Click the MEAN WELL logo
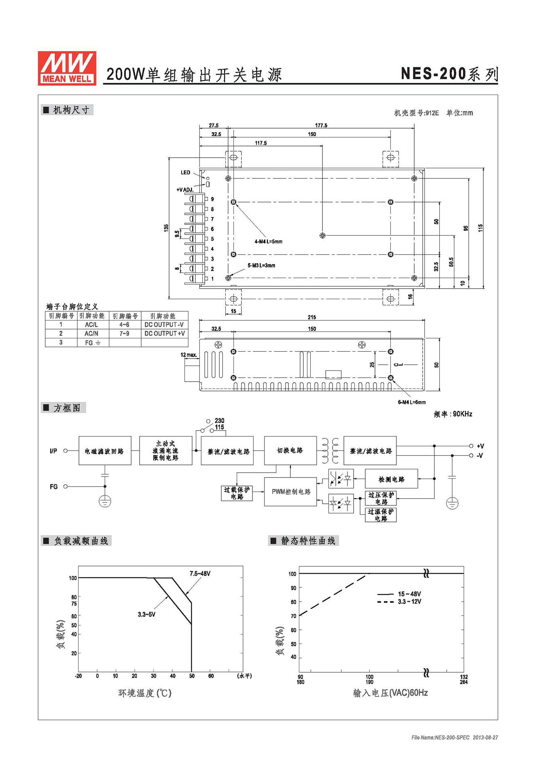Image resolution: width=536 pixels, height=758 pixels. tap(67, 68)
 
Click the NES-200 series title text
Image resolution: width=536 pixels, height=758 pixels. tap(449, 74)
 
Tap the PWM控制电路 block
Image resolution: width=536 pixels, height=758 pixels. tap(290, 492)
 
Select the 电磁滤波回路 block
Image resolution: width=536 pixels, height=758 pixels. tap(105, 451)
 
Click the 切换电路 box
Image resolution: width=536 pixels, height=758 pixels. tap(290, 450)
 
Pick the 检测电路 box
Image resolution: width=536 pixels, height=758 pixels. tap(391, 479)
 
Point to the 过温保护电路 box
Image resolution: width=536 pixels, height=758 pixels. tap(381, 515)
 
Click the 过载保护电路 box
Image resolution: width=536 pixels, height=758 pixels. tap(237, 493)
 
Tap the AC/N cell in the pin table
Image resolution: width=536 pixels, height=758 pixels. tap(91, 334)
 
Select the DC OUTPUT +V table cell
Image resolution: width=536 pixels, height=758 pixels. tap(164, 334)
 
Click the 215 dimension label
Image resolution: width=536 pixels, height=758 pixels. tap(311, 317)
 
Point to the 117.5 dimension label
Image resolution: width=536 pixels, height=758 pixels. tap(261, 143)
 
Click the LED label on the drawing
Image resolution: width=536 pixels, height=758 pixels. tap(185, 173)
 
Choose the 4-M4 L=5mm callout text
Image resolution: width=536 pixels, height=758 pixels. tap(268, 242)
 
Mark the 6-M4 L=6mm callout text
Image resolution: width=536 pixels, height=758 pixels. tap(411, 402)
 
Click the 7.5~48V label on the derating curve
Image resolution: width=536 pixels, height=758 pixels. tap(200, 574)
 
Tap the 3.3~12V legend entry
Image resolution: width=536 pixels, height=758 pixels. tap(409, 602)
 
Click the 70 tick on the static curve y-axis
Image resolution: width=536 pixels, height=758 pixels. tap(293, 616)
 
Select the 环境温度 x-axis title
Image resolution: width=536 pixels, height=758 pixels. tap(144, 693)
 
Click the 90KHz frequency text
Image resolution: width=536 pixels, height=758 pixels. tap(462, 414)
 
